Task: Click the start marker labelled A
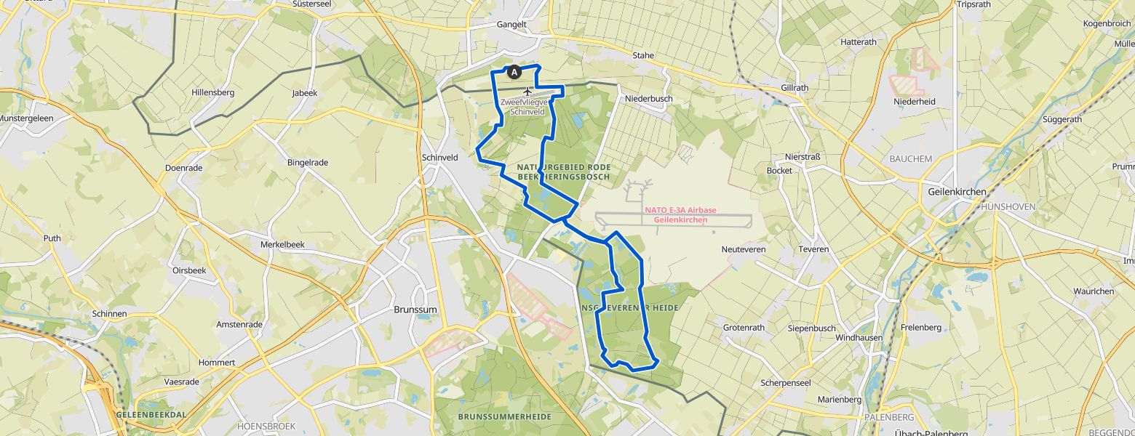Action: (x=514, y=72)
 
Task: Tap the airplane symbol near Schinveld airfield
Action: (x=527, y=91)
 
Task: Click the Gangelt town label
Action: (x=511, y=24)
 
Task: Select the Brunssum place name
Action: (x=415, y=309)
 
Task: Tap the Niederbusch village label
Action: (x=648, y=98)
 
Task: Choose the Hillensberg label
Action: (x=212, y=92)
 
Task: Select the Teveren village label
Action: (x=813, y=249)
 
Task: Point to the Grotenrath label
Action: (x=744, y=328)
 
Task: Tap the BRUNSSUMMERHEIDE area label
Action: (x=504, y=416)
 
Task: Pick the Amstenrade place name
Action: (x=239, y=324)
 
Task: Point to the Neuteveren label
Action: (x=743, y=249)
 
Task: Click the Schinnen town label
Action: (x=110, y=314)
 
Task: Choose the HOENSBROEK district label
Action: (x=264, y=425)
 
